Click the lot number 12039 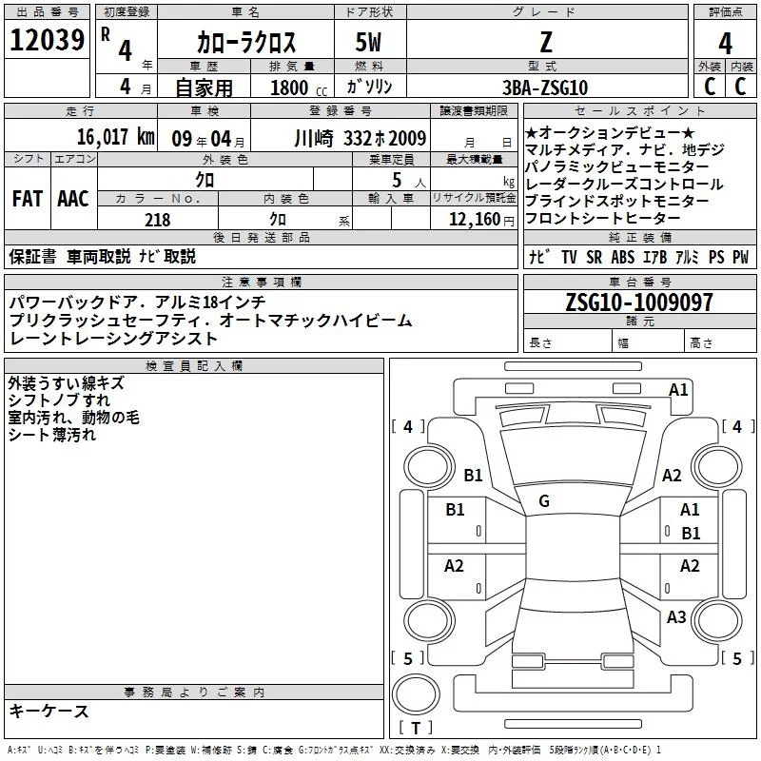click(x=47, y=40)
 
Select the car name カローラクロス click(x=246, y=42)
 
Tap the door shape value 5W click(x=368, y=42)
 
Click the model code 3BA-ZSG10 click(x=545, y=88)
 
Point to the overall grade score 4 click(x=725, y=44)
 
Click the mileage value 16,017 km click(x=116, y=137)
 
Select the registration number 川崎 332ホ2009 click(x=361, y=138)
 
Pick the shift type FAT click(x=28, y=199)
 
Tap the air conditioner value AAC click(x=73, y=199)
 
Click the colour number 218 click(x=157, y=220)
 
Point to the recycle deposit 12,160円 click(x=481, y=220)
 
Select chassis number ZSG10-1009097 click(x=639, y=302)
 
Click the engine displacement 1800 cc click(x=299, y=88)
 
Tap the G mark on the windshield click(x=544, y=501)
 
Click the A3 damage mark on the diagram click(x=676, y=616)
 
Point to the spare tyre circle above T click(x=416, y=694)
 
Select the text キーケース click(x=49, y=712)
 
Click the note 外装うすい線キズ click(x=66, y=383)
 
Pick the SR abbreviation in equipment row click(x=594, y=257)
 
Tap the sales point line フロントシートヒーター click(x=602, y=219)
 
